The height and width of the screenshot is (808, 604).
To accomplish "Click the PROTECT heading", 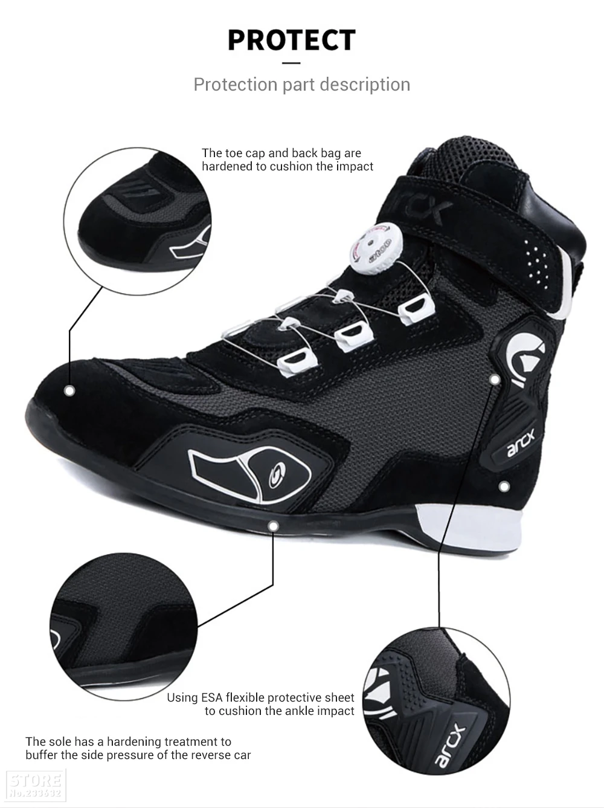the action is pos(291,40).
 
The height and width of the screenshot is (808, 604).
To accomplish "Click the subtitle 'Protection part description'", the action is pos(301,84).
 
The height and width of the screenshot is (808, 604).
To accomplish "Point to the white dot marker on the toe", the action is pos(69,391).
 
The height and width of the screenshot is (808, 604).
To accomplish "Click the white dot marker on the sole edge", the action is pos(273,526).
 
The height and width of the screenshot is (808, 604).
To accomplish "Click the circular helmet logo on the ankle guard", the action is pos(524,352).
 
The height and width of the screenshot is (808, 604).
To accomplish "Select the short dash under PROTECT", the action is pos(291,62).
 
